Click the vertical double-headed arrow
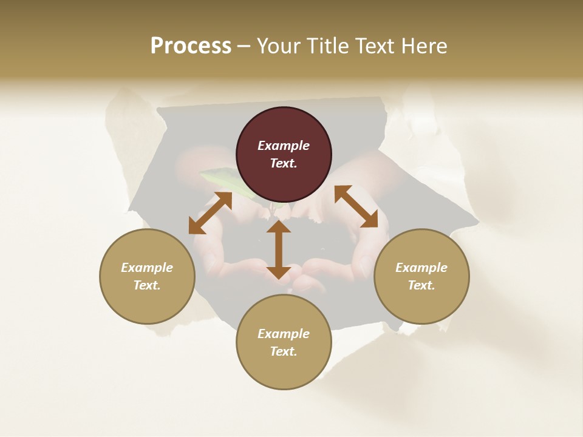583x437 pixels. (x=279, y=249)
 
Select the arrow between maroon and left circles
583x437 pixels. (x=210, y=213)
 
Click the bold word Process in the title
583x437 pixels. (x=191, y=46)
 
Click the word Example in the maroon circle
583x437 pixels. (x=284, y=146)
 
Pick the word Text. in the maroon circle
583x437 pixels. (x=284, y=163)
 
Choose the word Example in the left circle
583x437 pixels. (x=147, y=268)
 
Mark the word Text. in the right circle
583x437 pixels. (x=421, y=285)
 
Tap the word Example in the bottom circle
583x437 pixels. (x=284, y=334)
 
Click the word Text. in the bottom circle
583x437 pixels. (x=284, y=351)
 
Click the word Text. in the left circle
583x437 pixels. (x=147, y=285)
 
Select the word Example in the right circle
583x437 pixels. (x=421, y=268)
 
